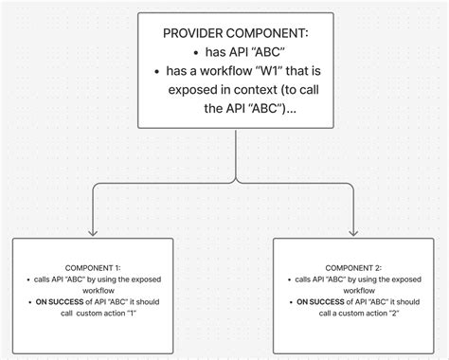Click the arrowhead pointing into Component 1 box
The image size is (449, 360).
point(93,230)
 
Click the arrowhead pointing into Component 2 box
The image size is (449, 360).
point(353,230)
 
